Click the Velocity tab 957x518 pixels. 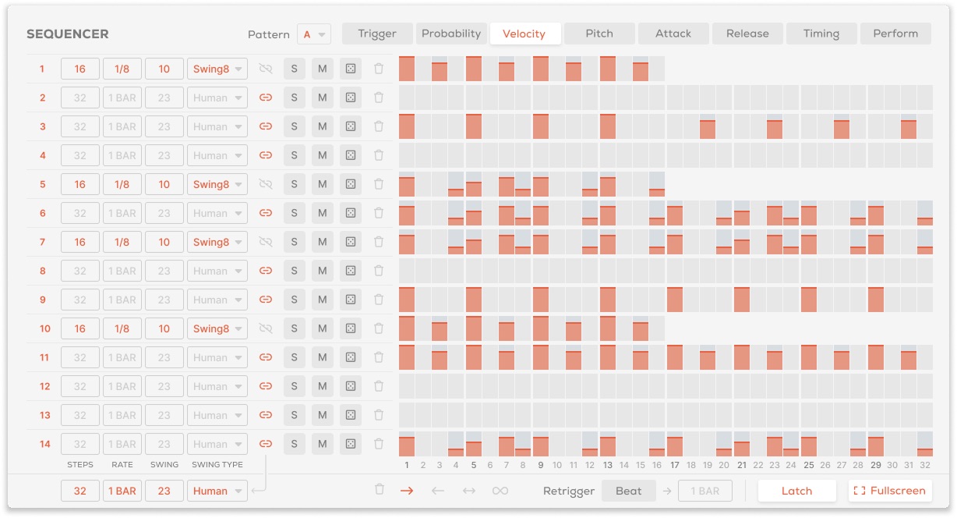tap(525, 34)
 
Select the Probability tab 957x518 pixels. tap(451, 34)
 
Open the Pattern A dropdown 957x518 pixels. tap(314, 34)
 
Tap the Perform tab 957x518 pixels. tap(895, 34)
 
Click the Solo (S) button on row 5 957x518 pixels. tap(294, 184)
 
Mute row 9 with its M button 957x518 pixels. tap(322, 300)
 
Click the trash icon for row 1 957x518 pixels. tap(379, 69)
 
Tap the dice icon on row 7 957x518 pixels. tap(351, 242)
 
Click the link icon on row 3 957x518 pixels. tap(265, 126)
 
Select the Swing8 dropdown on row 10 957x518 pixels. tap(217, 328)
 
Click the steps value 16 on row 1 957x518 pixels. tap(80, 69)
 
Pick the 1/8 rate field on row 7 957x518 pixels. tap(122, 242)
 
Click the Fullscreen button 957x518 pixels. tap(890, 491)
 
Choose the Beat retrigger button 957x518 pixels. tap(628, 491)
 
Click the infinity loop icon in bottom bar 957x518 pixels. tap(500, 491)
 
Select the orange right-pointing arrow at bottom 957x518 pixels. tap(407, 491)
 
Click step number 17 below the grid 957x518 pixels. tap(675, 465)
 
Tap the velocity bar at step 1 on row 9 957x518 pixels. tap(407, 300)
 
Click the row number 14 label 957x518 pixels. tap(44, 444)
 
